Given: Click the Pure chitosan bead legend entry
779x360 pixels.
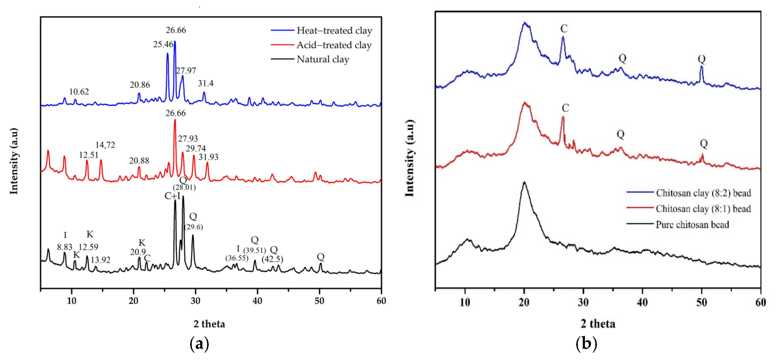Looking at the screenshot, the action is click(678, 224).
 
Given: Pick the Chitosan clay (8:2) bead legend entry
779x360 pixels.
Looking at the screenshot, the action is click(689, 193).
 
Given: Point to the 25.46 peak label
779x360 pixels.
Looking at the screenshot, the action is click(163, 44).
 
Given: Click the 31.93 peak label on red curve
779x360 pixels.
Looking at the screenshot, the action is click(208, 157).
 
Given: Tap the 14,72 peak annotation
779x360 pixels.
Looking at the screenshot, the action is click(105, 145).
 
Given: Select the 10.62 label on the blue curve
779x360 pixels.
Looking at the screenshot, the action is click(79, 92).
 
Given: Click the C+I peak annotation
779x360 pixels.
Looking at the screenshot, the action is click(172, 196).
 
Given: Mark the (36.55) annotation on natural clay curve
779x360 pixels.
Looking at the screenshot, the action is click(237, 258).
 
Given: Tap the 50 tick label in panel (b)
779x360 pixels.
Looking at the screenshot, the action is click(702, 302).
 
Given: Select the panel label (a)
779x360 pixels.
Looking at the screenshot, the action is click(199, 344).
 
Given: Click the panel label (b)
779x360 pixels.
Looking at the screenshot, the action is click(586, 344).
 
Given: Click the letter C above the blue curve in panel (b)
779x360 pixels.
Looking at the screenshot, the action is click(564, 29).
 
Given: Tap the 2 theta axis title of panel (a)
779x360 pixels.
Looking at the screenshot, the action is click(209, 324).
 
